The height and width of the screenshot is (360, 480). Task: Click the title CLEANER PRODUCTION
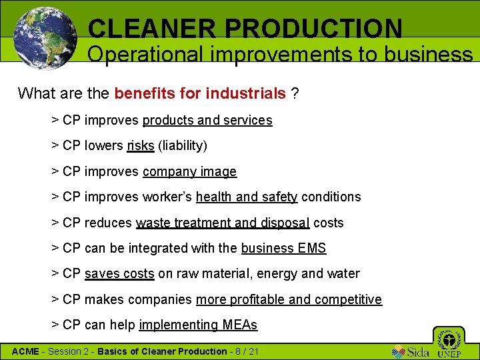pyautogui.click(x=245, y=29)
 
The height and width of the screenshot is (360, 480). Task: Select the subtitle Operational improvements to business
pyautogui.click(x=280, y=55)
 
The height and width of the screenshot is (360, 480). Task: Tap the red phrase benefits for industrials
pyautogui.click(x=200, y=93)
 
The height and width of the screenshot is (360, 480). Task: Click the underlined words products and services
pyautogui.click(x=207, y=120)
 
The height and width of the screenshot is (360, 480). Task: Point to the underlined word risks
pyautogui.click(x=141, y=145)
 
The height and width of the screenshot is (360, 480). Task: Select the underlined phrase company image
pyautogui.click(x=189, y=171)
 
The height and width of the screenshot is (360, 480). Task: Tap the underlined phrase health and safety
pyautogui.click(x=247, y=197)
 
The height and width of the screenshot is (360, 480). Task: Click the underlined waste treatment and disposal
pyautogui.click(x=223, y=223)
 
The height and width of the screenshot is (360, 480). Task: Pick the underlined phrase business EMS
pyautogui.click(x=283, y=248)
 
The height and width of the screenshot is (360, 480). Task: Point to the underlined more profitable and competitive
pyautogui.click(x=289, y=299)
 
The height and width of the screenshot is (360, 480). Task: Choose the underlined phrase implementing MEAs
pyautogui.click(x=198, y=325)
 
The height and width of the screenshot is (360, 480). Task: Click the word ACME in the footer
pyautogui.click(x=25, y=351)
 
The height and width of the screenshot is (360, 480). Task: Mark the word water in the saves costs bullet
pyautogui.click(x=344, y=273)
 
